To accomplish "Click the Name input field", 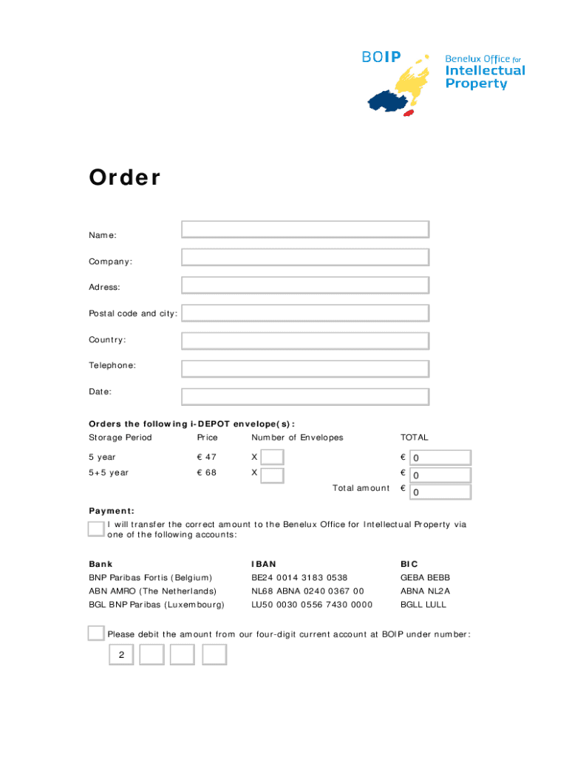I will pyautogui.click(x=304, y=229).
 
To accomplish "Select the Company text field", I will pyautogui.click(x=304, y=257).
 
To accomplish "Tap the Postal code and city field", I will pyautogui.click(x=304, y=313).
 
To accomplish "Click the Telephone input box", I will pyautogui.click(x=304, y=369).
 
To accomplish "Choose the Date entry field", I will pyautogui.click(x=304, y=397).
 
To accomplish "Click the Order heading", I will pyautogui.click(x=124, y=178).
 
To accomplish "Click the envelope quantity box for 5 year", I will pyautogui.click(x=273, y=458).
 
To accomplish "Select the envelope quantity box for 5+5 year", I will pyautogui.click(x=273, y=475).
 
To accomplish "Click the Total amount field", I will pyautogui.click(x=440, y=492).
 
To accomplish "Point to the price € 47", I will pyautogui.click(x=205, y=458).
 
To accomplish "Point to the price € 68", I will pyautogui.click(x=205, y=472).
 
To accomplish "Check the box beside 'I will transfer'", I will pyautogui.click(x=95, y=529).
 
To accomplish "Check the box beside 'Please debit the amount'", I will pyautogui.click(x=95, y=634).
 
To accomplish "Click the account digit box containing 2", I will pyautogui.click(x=121, y=655).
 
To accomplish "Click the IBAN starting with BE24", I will pyautogui.click(x=299, y=577).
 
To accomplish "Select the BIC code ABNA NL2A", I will pyautogui.click(x=425, y=591).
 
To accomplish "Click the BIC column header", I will pyautogui.click(x=409, y=564).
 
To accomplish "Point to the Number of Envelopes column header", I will pyautogui.click(x=297, y=438).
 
